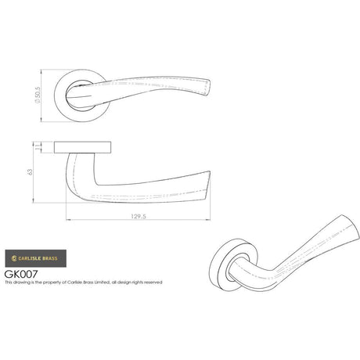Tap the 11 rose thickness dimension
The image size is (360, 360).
click(x=49, y=146)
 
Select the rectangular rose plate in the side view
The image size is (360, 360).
click(x=85, y=146)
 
